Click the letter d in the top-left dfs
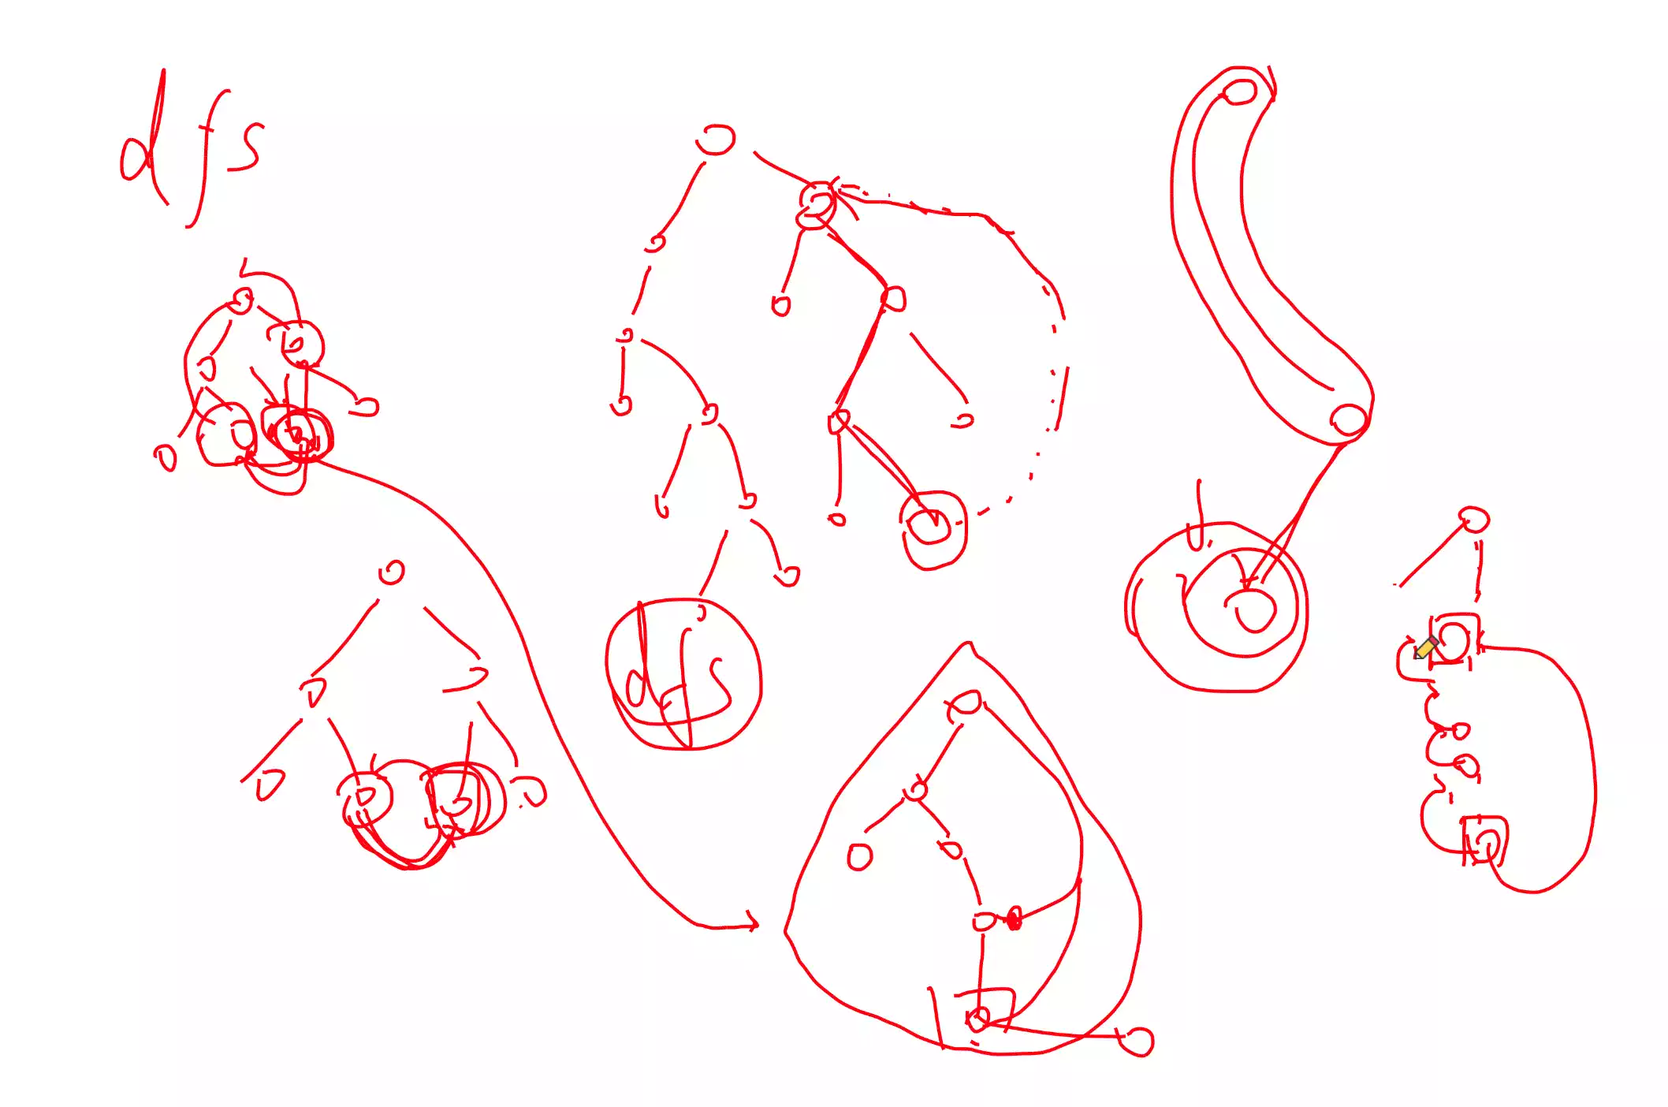(x=142, y=146)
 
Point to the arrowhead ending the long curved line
(x=753, y=922)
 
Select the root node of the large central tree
(x=716, y=140)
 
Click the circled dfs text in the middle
(x=683, y=675)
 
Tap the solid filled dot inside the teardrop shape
(x=1014, y=919)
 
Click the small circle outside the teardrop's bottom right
(x=1137, y=1041)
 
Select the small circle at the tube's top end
(x=1239, y=91)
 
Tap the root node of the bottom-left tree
(x=392, y=572)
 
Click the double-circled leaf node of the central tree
(x=930, y=526)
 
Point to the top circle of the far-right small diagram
(x=1473, y=520)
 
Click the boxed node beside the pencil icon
(x=1454, y=639)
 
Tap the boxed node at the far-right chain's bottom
(x=1485, y=842)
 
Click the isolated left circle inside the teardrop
(x=859, y=856)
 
